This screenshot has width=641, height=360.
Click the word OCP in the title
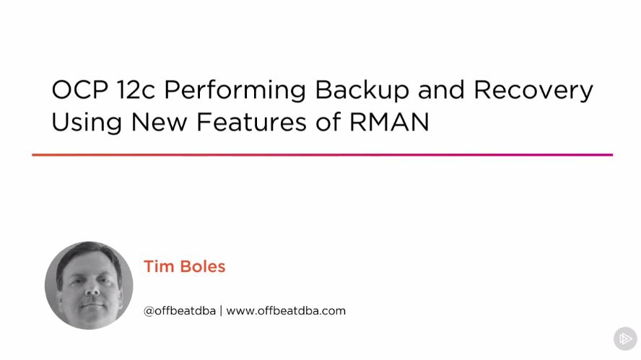[x=79, y=89]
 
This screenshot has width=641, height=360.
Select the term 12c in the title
[x=136, y=89]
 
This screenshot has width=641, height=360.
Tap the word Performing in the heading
[x=235, y=92]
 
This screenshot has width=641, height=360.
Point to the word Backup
[x=362, y=92]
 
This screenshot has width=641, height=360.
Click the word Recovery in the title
[x=533, y=92]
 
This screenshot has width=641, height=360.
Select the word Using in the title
[x=86, y=123]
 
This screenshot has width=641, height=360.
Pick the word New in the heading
[x=159, y=122]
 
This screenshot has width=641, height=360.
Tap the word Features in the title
[x=251, y=122]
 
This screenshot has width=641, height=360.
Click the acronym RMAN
[x=389, y=122]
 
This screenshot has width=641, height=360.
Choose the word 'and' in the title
[x=441, y=89]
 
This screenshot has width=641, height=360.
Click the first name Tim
[x=159, y=266]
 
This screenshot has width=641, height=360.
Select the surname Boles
[x=203, y=266]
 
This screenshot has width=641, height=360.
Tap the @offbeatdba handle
[x=180, y=311]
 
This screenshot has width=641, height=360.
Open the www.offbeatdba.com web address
[x=286, y=311]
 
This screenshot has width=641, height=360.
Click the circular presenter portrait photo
[x=89, y=285]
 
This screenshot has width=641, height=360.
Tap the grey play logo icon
[x=625, y=338]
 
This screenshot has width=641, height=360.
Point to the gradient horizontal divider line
[x=322, y=155]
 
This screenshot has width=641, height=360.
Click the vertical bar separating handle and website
[x=221, y=311]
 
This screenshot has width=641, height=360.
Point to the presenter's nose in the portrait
[x=92, y=289]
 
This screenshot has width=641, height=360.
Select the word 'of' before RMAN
[x=328, y=122]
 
